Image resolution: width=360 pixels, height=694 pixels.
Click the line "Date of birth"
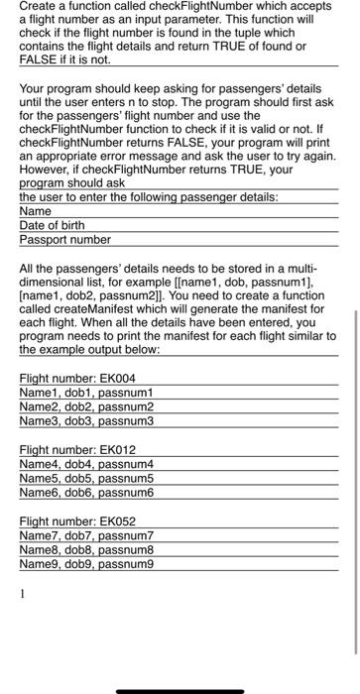52,225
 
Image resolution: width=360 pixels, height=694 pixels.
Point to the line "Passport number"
64,239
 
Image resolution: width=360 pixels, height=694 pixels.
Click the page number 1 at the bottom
23,595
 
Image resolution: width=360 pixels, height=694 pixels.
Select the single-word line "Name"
35,211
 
